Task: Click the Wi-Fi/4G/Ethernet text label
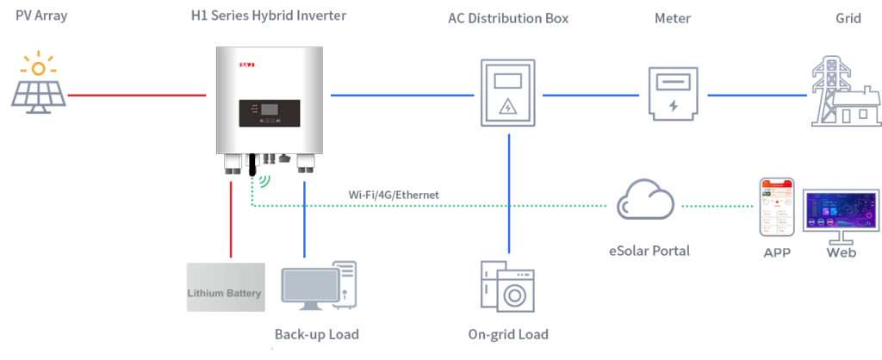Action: [394, 196]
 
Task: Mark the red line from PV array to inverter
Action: [138, 94]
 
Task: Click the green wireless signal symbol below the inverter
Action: [263, 182]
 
